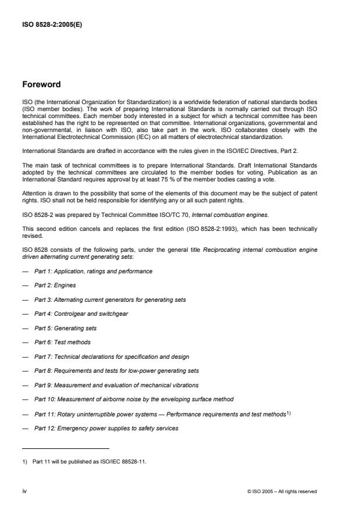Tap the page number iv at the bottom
pos(24,491)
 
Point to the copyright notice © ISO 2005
pos(282,491)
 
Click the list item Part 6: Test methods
pos(62,342)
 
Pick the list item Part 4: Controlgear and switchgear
pos(81,314)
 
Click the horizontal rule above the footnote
pos(65,448)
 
